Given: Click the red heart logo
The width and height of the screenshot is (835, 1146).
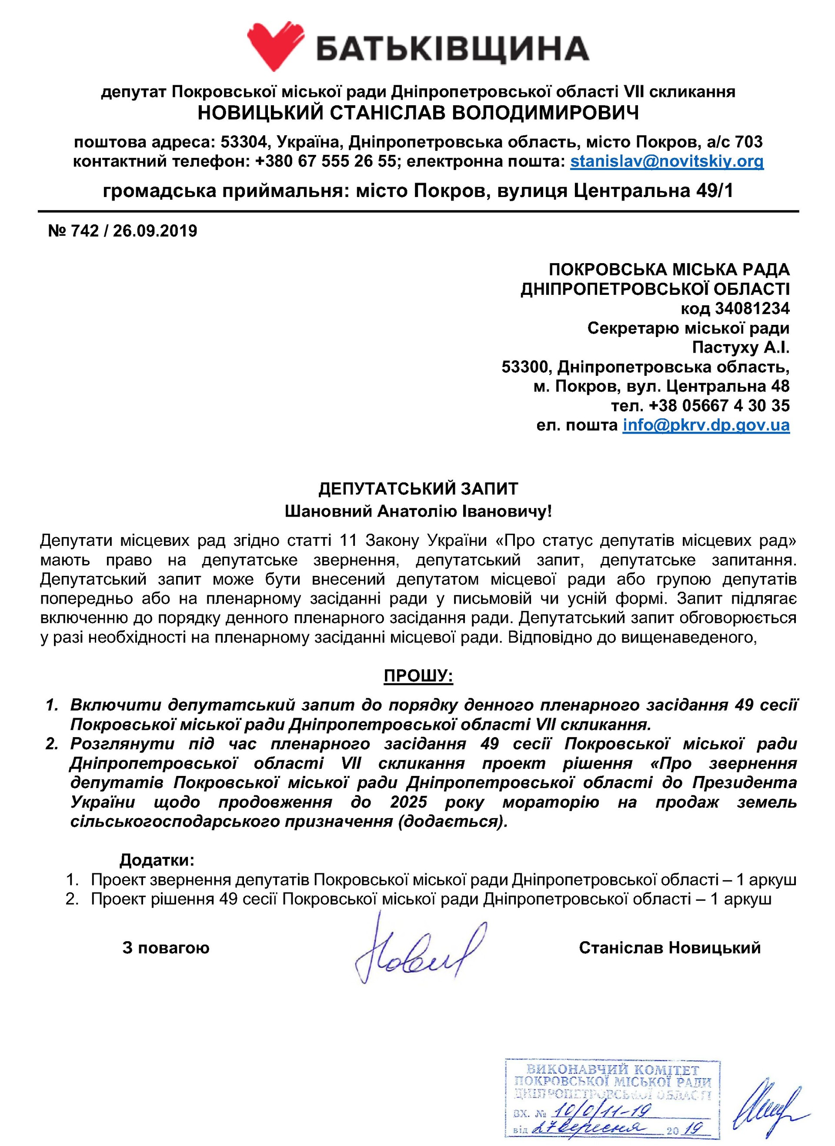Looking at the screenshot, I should pyautogui.click(x=277, y=46).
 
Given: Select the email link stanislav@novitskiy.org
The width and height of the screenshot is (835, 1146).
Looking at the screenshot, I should pyautogui.click(x=667, y=162).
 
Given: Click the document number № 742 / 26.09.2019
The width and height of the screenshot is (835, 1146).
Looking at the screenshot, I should pyautogui.click(x=123, y=231).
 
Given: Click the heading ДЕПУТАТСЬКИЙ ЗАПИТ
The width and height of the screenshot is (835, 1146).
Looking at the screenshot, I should pyautogui.click(x=418, y=488).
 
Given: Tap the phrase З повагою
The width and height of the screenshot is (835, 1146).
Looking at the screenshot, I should pyautogui.click(x=166, y=947).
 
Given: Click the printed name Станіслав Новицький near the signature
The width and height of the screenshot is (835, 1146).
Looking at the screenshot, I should pyautogui.click(x=670, y=947).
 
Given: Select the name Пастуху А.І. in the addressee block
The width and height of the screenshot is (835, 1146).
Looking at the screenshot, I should pyautogui.click(x=741, y=348).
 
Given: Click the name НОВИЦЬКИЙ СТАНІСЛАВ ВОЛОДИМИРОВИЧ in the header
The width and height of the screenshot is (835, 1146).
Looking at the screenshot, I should pyautogui.click(x=418, y=113).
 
